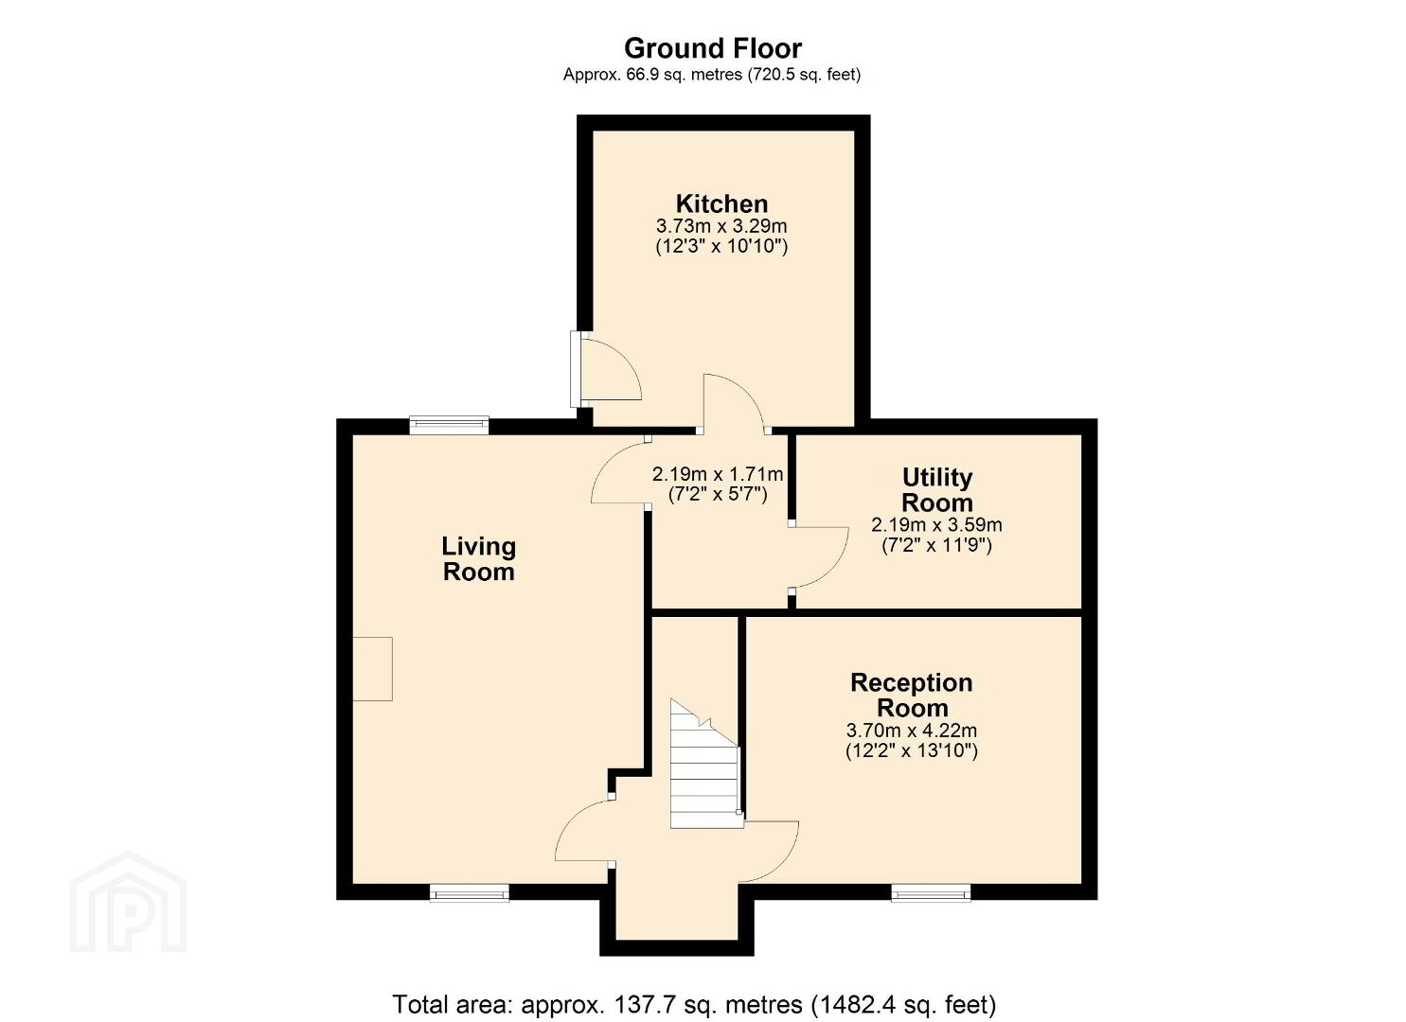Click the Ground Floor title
click(712, 48)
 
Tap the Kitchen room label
click(721, 203)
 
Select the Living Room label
click(479, 559)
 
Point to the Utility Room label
click(937, 490)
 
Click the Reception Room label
click(912, 696)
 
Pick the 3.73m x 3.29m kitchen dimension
click(721, 226)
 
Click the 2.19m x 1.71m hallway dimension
click(718, 474)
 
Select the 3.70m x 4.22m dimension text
click(912, 731)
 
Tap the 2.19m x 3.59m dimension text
click(936, 524)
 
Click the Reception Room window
click(931, 892)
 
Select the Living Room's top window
click(449, 425)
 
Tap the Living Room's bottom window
click(469, 892)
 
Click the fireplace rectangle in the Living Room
click(372, 669)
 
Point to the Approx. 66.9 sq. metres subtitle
click(712, 75)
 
